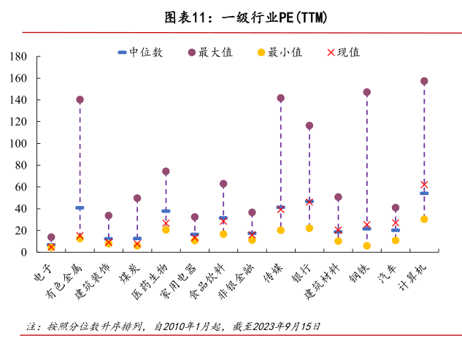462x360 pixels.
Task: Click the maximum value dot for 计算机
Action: coord(424,81)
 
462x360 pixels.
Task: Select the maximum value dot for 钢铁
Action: coord(366,93)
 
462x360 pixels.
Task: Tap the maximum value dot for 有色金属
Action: coord(80,99)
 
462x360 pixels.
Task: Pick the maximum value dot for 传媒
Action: coord(280,98)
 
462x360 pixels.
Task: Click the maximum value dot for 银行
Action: coord(309,126)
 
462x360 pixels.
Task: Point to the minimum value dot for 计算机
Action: coord(424,219)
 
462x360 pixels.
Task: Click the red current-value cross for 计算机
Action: coord(424,185)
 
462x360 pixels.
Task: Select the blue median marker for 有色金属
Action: coord(80,207)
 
